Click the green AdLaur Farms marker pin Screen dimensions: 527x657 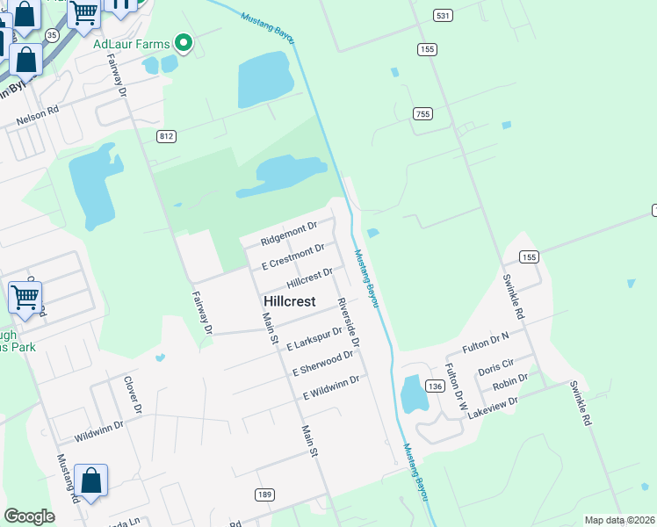(x=184, y=41)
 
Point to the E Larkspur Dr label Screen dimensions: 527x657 (x=314, y=340)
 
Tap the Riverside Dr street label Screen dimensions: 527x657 (x=349, y=321)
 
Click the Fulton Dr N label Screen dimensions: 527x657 (x=486, y=343)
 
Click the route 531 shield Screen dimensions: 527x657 (x=443, y=16)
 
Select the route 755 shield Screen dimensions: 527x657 (x=423, y=113)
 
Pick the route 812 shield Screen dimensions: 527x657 (x=167, y=136)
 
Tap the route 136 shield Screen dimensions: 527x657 (x=434, y=386)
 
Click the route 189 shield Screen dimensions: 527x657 (x=264, y=495)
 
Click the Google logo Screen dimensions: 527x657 (x=29, y=516)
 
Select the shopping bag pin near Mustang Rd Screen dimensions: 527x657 (x=90, y=481)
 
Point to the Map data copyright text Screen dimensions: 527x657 (x=619, y=520)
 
